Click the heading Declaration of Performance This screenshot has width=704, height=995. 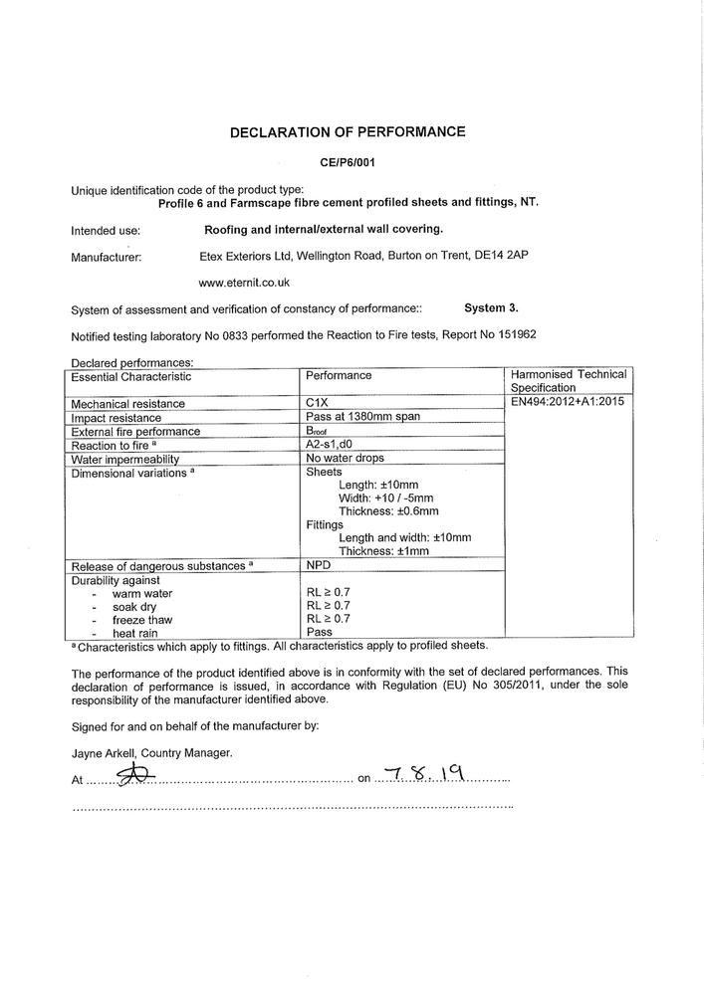[x=348, y=131]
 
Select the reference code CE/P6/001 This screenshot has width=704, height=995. [x=348, y=161]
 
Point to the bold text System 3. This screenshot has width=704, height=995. [x=491, y=308]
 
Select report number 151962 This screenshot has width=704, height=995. [x=515, y=335]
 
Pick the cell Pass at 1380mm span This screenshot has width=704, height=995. [x=363, y=418]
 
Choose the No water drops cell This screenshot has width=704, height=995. [x=346, y=459]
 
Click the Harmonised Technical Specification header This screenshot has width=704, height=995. [x=569, y=381]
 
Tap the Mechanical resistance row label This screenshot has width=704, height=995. [x=128, y=404]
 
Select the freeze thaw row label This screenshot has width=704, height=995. [x=142, y=620]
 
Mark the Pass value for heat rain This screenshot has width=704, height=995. [x=320, y=632]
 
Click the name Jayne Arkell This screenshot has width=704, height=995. [x=107, y=753]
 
